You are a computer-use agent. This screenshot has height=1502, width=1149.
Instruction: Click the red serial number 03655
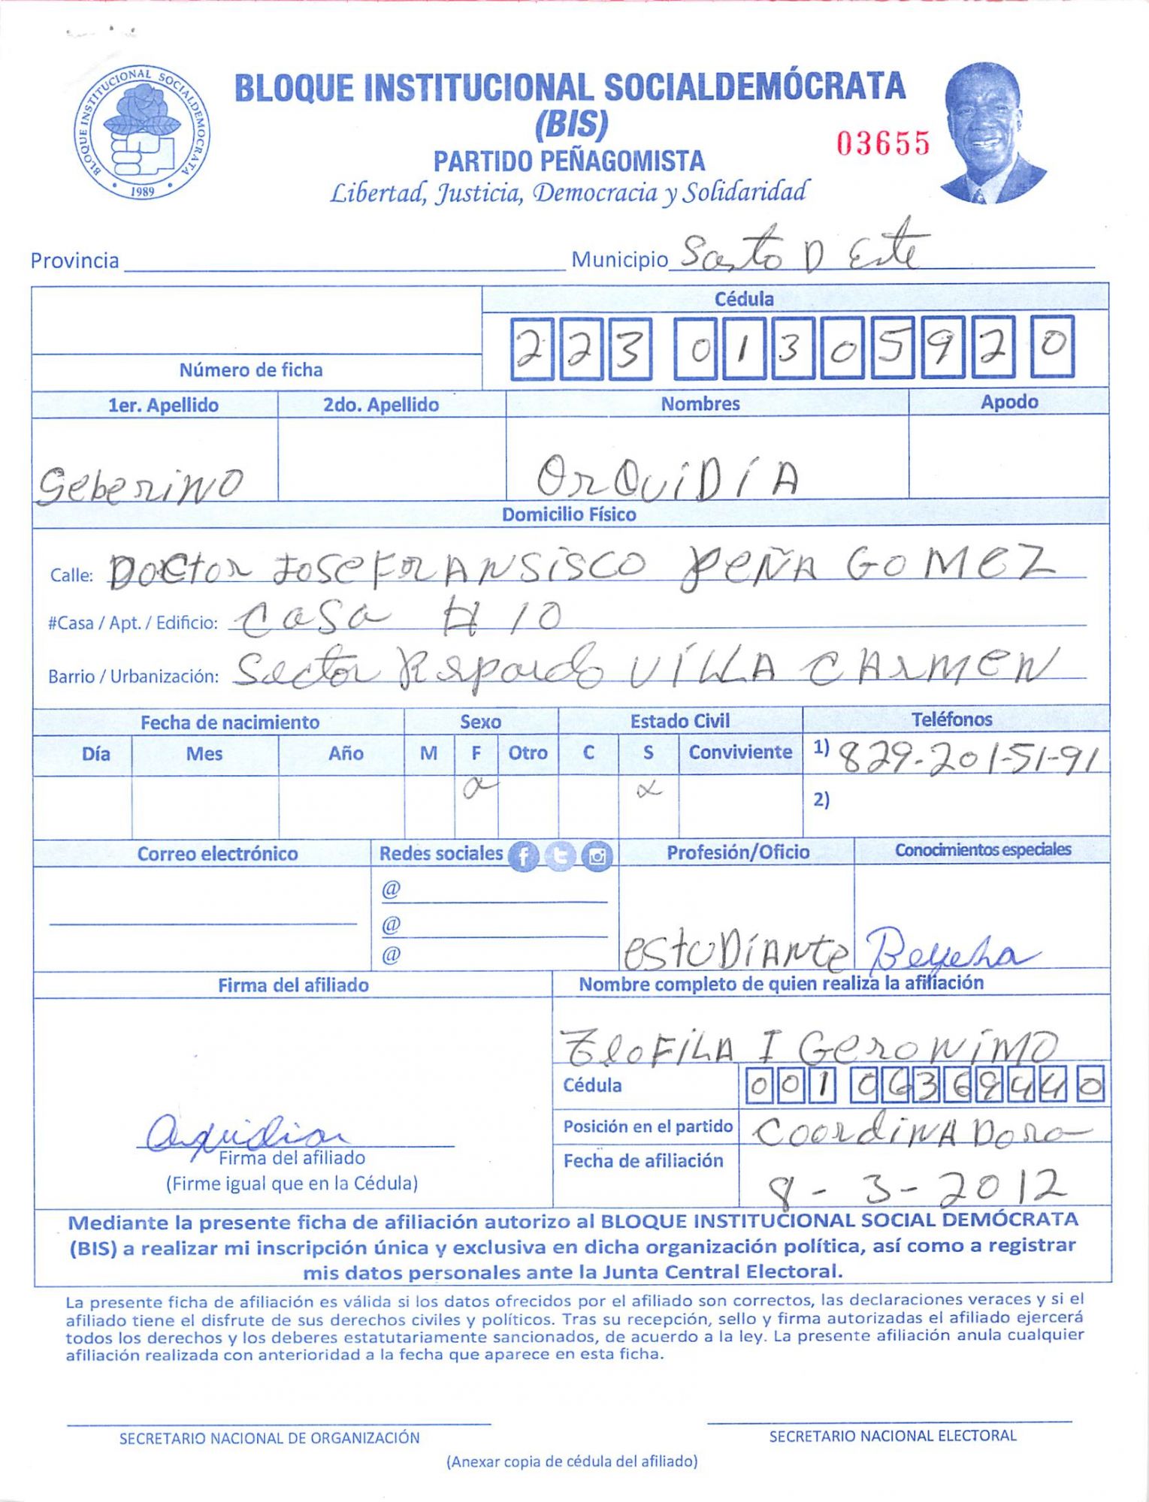coord(883,143)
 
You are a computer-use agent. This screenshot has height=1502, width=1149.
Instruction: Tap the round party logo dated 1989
coord(142,132)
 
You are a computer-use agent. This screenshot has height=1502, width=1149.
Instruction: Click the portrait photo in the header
coord(990,134)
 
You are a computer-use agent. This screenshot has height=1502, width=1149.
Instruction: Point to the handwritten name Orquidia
coord(666,478)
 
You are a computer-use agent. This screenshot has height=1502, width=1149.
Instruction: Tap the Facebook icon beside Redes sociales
coord(523,856)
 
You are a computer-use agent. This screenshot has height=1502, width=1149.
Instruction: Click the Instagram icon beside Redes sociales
coord(597,856)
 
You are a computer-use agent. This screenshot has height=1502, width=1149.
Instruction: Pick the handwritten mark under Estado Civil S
coord(648,789)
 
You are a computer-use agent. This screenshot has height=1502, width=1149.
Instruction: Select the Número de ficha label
coord(251,370)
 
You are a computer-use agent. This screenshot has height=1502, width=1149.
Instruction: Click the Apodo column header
coord(1008,403)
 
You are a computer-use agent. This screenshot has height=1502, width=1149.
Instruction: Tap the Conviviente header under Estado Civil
coord(740,753)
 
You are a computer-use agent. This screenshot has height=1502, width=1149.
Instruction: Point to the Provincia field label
coord(74,261)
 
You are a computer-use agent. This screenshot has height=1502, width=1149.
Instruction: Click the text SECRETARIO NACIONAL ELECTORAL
coord(892,1436)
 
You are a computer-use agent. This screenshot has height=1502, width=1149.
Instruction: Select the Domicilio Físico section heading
coord(569,514)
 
